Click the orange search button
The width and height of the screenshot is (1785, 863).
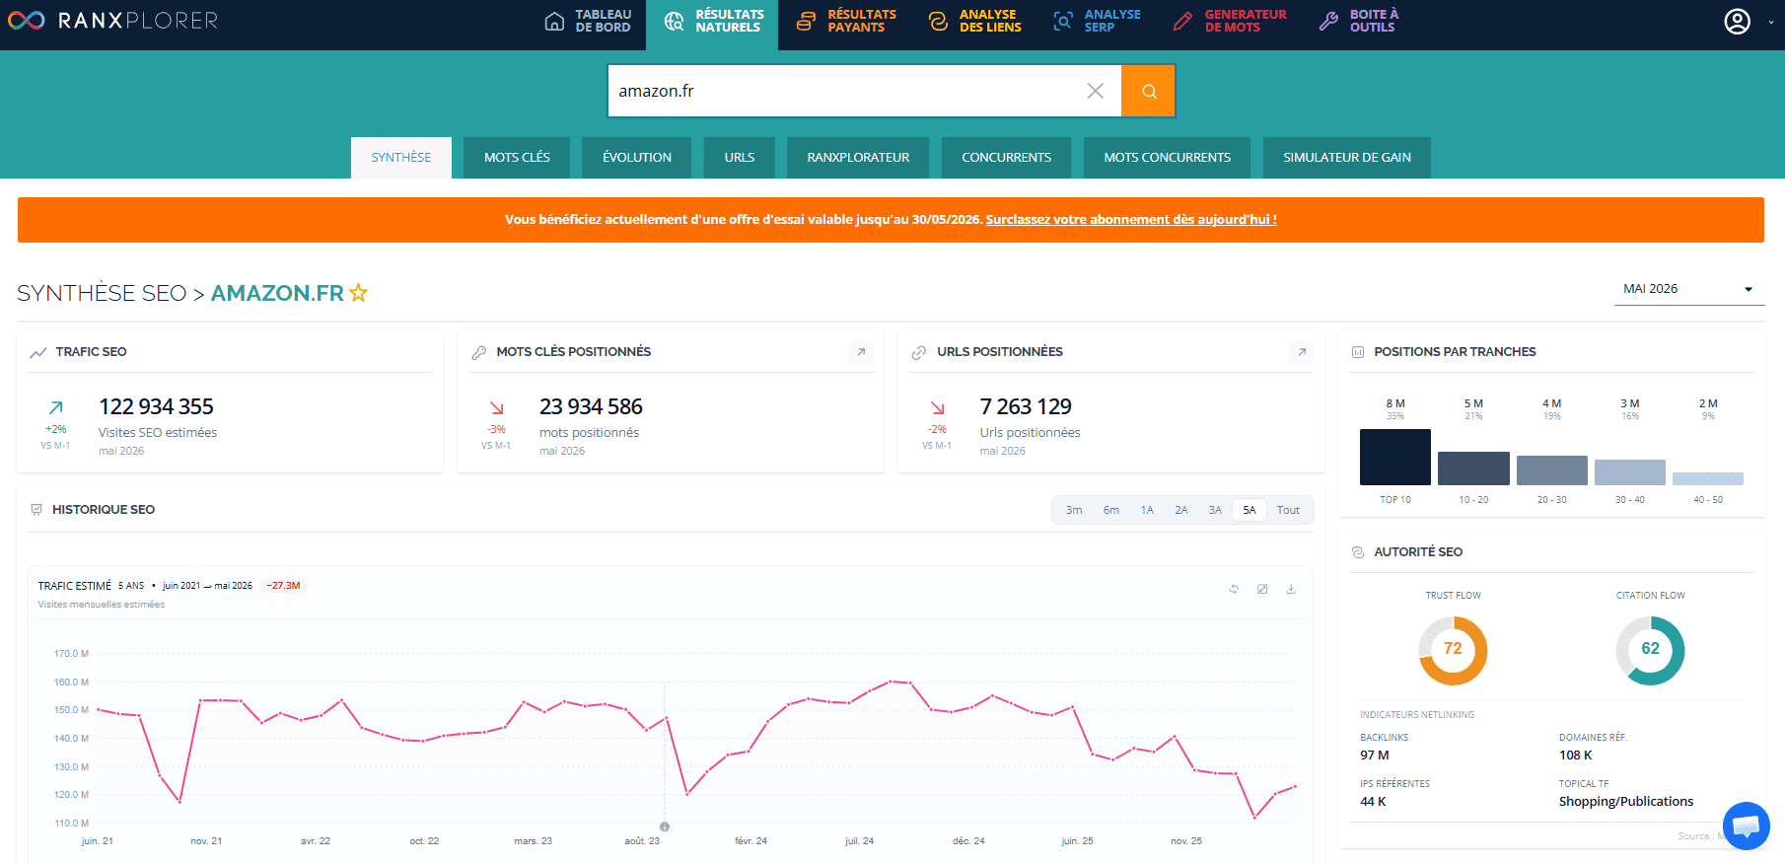[x=1148, y=91]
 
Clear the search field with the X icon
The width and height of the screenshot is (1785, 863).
[x=1095, y=91]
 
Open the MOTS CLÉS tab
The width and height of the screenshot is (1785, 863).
[x=517, y=158]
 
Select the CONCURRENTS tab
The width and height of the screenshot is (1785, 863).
[x=1006, y=158]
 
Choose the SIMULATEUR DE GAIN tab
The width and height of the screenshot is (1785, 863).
[x=1347, y=158]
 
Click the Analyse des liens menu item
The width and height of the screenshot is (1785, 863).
[x=975, y=21]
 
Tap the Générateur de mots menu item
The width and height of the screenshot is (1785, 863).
[x=1230, y=21]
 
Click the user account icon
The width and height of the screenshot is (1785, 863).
[x=1737, y=21]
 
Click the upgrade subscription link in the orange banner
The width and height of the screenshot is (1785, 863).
[x=1131, y=220]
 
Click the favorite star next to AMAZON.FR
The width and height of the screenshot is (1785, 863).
[x=358, y=293]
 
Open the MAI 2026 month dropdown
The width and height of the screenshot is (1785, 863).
[x=1688, y=289]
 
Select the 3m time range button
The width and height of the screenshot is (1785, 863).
[x=1074, y=510]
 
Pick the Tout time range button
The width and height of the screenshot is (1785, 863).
[x=1288, y=510]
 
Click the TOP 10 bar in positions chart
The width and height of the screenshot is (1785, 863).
[x=1395, y=457]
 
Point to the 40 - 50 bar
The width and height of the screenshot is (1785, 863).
[x=1708, y=479]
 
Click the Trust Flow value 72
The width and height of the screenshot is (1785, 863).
[x=1453, y=649]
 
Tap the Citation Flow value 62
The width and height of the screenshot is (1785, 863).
[x=1650, y=649]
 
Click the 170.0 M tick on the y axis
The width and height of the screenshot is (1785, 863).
[x=71, y=653]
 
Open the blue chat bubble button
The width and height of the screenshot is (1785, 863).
[x=1746, y=826]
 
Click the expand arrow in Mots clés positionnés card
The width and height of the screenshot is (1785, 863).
[x=861, y=352]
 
